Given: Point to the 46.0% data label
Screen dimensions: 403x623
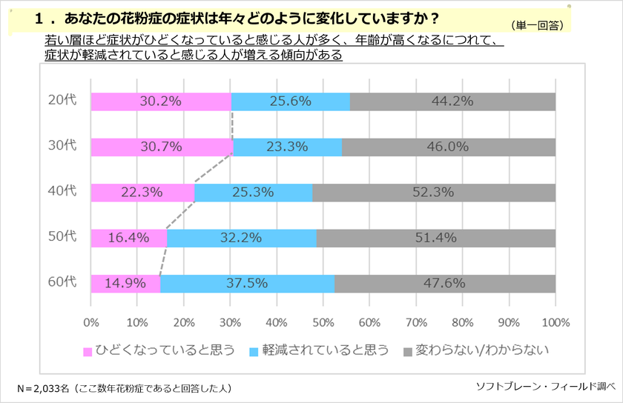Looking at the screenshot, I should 447,147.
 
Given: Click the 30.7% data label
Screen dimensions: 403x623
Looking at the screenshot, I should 161,147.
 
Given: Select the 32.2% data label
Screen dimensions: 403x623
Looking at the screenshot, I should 243,238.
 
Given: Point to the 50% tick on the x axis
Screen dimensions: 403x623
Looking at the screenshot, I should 323,322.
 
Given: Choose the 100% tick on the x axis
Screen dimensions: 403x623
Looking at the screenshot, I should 556,322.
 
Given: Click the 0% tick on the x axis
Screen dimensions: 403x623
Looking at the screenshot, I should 91,322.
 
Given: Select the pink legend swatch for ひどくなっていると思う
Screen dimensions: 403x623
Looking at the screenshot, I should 86,350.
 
